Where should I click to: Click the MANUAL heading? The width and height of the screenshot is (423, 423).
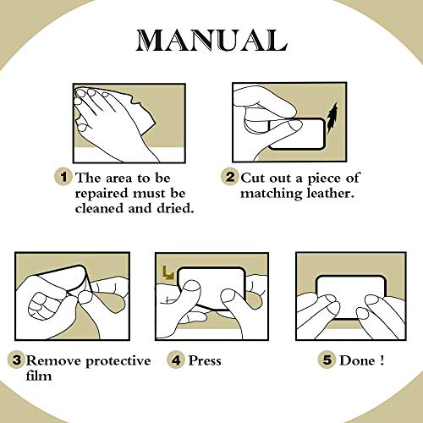click(211, 41)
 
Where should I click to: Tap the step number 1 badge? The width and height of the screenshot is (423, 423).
click(63, 177)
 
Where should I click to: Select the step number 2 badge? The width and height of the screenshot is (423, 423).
click(229, 177)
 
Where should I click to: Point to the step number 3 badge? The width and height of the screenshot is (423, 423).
click(16, 360)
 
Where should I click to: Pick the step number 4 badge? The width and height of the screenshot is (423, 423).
click(176, 360)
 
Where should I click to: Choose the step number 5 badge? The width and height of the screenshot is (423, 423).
click(327, 360)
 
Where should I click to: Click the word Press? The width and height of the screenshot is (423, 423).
click(205, 360)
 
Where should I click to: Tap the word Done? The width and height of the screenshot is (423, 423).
click(357, 360)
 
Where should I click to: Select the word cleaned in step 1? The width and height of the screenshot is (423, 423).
click(100, 208)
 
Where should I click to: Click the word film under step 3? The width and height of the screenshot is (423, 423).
click(39, 376)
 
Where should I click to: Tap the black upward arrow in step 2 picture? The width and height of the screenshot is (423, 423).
click(332, 118)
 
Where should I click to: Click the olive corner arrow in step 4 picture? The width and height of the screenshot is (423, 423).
click(168, 272)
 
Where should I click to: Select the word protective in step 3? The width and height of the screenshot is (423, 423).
click(118, 361)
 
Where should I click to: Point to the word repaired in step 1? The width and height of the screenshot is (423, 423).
click(102, 195)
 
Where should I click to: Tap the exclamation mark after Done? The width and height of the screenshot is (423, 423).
click(382, 360)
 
